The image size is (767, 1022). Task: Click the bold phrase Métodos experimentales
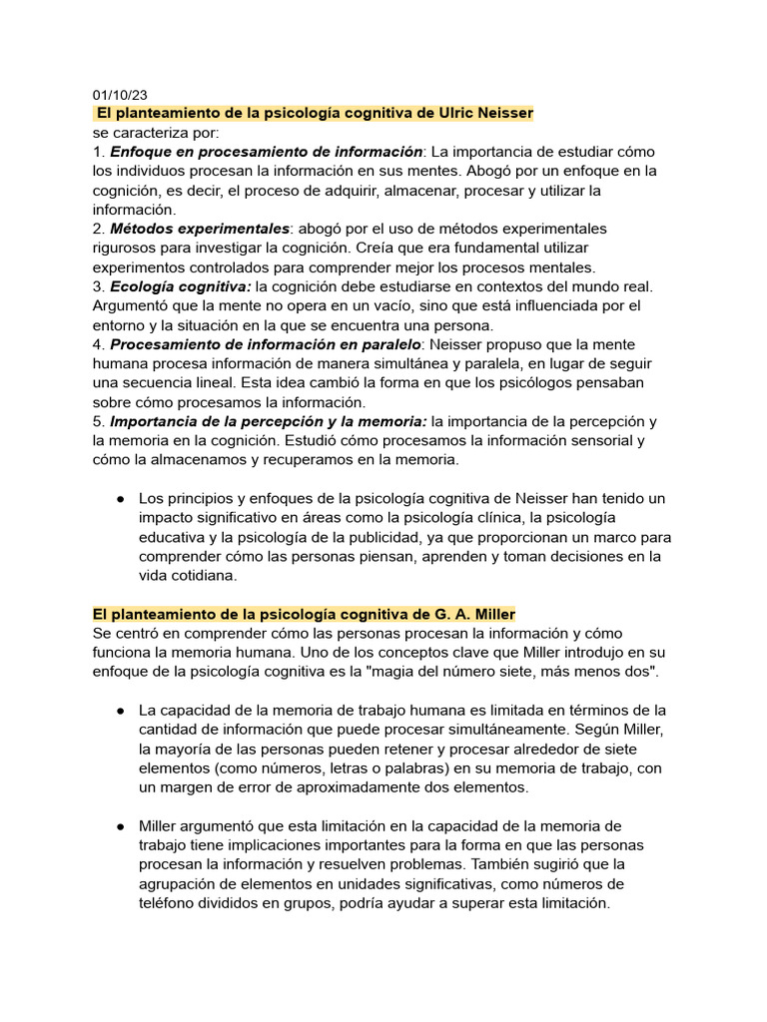200,229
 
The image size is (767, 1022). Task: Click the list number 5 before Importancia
97,421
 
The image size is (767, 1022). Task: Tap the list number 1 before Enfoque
97,152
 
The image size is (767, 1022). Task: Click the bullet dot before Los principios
120,498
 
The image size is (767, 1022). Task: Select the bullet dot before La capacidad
120,710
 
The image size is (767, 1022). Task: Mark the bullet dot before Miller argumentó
120,825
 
